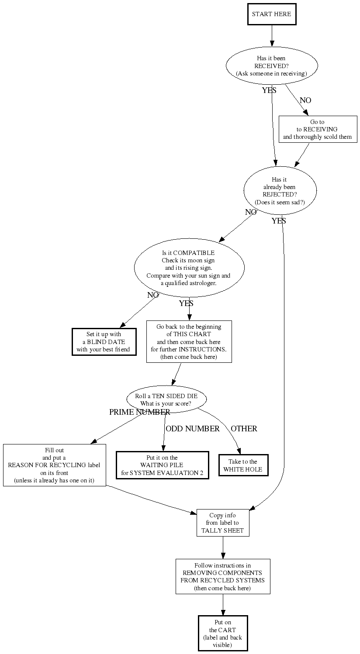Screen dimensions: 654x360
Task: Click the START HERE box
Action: click(272, 14)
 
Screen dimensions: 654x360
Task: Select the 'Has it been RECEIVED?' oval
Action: click(272, 66)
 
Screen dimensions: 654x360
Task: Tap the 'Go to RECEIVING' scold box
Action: click(318, 129)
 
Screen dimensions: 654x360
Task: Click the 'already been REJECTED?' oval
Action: click(280, 191)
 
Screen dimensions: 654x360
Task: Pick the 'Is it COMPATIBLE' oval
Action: click(189, 268)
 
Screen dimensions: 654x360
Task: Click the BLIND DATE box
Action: click(104, 342)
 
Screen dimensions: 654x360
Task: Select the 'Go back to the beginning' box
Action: click(189, 342)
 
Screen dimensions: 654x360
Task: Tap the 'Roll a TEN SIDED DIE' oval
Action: click(166, 399)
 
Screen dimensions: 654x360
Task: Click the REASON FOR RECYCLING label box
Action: click(55, 465)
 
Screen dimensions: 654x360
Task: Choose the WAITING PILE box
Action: click(162, 465)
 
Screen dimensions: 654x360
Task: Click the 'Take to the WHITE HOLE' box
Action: click(243, 465)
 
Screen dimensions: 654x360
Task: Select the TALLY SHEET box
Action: click(223, 523)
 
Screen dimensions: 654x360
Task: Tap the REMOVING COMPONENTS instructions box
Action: click(223, 576)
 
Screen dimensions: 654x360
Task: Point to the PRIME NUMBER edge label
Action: click(139, 412)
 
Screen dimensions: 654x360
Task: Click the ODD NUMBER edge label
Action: click(193, 429)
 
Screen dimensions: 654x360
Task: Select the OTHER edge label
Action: click(244, 429)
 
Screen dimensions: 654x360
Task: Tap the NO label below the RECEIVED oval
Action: click(305, 100)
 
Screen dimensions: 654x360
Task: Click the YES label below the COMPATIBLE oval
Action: click(186, 303)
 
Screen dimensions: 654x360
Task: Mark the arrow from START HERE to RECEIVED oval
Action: click(272, 36)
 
